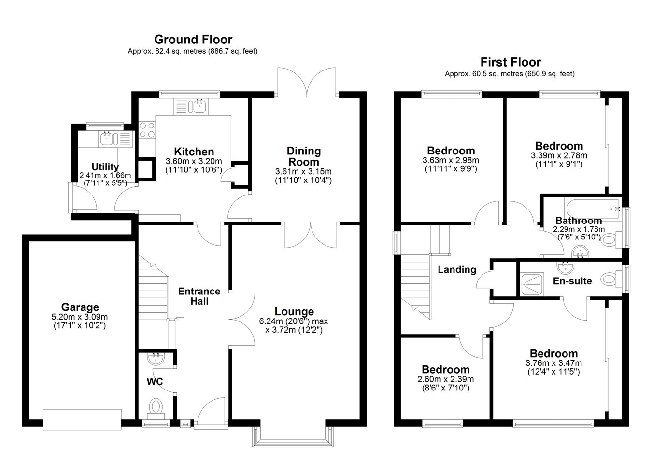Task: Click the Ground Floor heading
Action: [x=193, y=40]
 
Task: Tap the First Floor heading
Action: [x=510, y=62]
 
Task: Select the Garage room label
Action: [x=80, y=307]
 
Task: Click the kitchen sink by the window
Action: [x=198, y=107]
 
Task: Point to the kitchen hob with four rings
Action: [x=147, y=130]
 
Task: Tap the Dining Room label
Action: [x=304, y=156]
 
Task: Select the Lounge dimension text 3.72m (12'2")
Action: [x=294, y=330]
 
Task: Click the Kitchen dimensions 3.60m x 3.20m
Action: [x=194, y=161]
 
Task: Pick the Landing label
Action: [x=457, y=270]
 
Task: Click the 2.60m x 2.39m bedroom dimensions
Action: [x=446, y=379]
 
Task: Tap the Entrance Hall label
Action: [x=199, y=296]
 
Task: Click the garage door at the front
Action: [x=82, y=419]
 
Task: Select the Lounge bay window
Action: [x=293, y=437]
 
